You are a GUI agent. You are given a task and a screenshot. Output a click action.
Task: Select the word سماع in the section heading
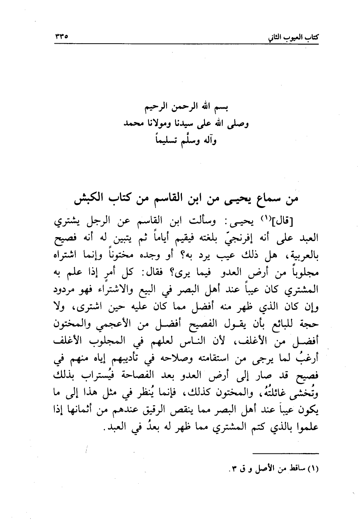click(x=260, y=200)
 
